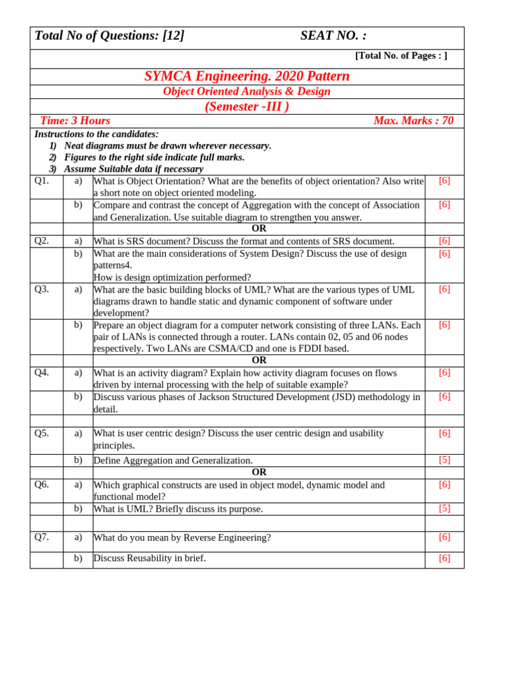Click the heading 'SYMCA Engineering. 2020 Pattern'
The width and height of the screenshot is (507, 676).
tap(247, 77)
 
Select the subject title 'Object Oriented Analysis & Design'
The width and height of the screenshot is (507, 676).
tap(247, 92)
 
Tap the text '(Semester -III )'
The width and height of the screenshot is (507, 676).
tap(247, 106)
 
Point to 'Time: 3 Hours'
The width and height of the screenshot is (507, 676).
tap(75, 121)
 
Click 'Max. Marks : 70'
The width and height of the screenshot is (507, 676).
tap(413, 121)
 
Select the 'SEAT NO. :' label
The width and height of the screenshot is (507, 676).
tap(333, 36)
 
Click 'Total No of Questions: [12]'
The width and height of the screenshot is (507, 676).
tap(110, 36)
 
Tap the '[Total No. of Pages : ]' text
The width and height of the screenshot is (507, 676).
tap(401, 56)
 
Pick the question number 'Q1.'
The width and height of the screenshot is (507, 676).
tap(42, 181)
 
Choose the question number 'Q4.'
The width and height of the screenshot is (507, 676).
tap(42, 372)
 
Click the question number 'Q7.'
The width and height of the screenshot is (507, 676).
tap(42, 537)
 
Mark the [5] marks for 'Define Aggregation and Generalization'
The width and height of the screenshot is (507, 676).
tap(444, 460)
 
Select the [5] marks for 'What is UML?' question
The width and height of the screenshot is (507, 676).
tap(444, 508)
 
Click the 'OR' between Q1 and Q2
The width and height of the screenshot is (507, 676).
tap(259, 228)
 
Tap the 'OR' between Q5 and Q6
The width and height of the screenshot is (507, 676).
tap(259, 472)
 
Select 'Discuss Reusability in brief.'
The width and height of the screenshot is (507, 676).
tap(150, 558)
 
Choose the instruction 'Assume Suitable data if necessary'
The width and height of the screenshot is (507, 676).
tap(133, 169)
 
